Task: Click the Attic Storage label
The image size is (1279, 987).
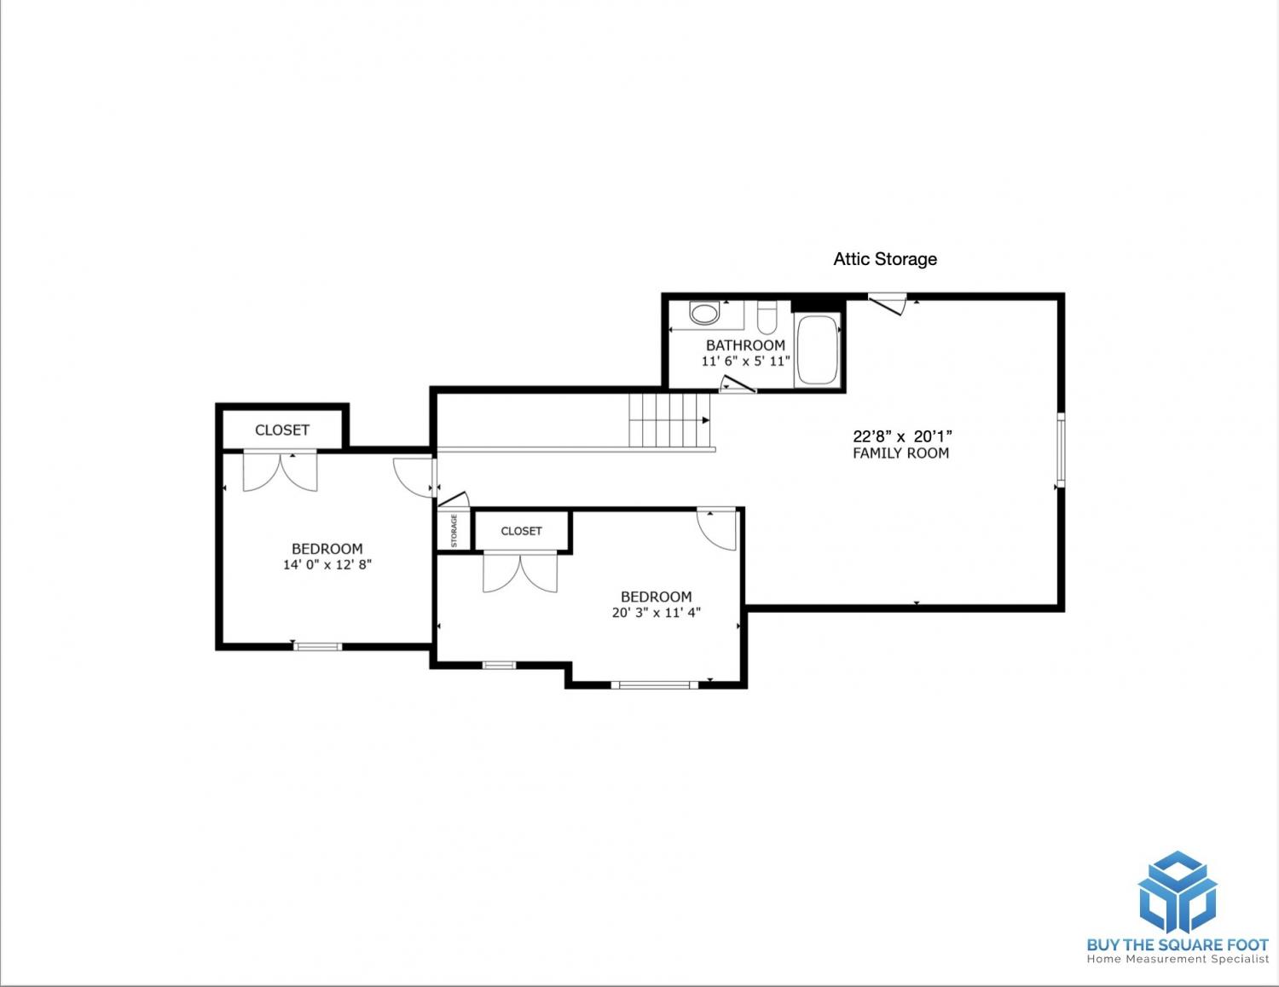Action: [885, 259]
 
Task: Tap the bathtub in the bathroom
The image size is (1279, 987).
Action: [817, 350]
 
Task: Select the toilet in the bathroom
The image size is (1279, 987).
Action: [767, 317]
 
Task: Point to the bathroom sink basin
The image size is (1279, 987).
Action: [704, 312]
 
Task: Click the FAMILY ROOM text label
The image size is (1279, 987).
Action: [900, 453]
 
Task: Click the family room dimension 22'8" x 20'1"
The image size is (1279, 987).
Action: [902, 436]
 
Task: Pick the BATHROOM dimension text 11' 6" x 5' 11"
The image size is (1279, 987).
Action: [745, 361]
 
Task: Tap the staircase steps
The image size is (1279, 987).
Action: [669, 420]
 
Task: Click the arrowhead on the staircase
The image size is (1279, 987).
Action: [706, 420]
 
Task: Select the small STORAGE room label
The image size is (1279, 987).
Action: [454, 531]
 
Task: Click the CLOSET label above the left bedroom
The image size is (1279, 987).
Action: [282, 430]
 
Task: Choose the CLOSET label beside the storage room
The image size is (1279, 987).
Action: [521, 531]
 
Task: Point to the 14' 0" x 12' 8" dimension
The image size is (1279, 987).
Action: [327, 565]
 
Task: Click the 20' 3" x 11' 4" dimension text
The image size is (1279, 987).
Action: [657, 612]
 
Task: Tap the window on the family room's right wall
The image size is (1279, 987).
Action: [1061, 450]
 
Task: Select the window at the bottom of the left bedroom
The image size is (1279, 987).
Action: [318, 646]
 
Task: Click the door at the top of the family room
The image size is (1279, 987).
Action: [887, 303]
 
